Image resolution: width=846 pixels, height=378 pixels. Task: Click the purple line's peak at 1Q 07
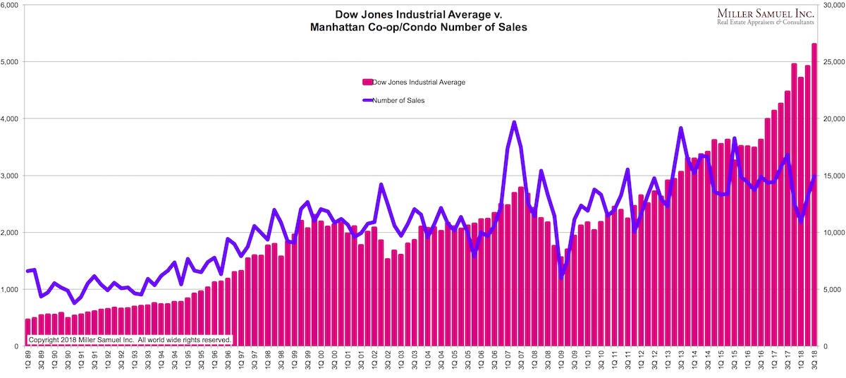514,123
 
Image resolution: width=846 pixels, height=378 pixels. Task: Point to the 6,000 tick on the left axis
12,5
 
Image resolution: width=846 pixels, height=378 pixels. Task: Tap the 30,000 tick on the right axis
832,5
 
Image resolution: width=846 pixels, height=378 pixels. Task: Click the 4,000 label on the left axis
12,118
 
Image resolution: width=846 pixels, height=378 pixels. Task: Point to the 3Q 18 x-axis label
814,362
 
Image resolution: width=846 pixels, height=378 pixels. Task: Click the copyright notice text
130,339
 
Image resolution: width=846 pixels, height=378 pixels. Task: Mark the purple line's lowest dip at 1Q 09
562,277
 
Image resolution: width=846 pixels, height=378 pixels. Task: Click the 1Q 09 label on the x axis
562,362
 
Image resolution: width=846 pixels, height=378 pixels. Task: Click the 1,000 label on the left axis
12,289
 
